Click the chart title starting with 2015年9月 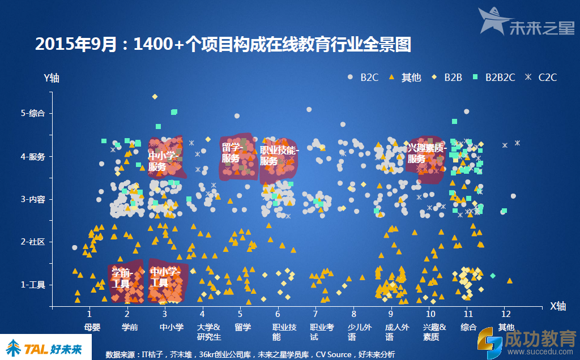tap(223, 45)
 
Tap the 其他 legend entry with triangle tap(406, 78)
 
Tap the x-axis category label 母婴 tap(92, 327)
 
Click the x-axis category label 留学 tap(242, 327)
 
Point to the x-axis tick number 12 tap(506, 313)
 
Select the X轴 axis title tap(558, 306)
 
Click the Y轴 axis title tap(52, 78)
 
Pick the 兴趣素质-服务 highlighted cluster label tap(427, 153)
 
